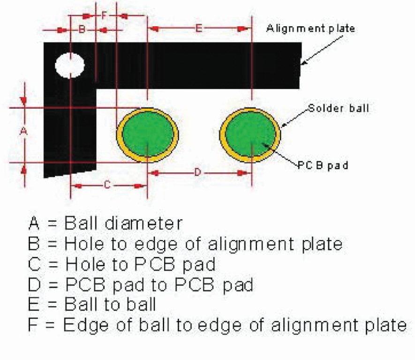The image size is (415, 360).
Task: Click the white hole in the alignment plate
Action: click(70, 65)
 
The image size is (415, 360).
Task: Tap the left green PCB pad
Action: click(147, 134)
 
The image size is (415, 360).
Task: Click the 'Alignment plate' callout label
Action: click(310, 28)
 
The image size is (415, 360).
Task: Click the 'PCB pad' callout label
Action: click(323, 165)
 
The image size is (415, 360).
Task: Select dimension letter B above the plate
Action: click(81, 30)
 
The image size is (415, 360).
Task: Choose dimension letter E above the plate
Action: click(199, 29)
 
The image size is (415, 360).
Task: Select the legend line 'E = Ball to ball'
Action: click(92, 305)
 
